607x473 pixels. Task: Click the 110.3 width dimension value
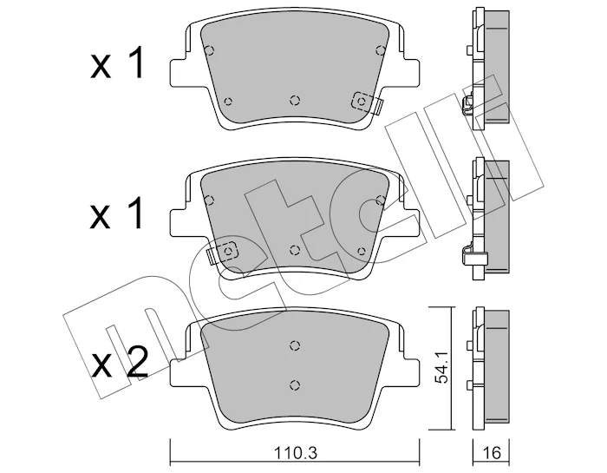[296, 452]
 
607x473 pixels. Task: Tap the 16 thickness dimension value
[492, 452]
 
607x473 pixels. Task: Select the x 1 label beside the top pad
[117, 63]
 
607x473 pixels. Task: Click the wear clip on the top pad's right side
[367, 102]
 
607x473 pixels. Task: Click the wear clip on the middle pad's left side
[224, 253]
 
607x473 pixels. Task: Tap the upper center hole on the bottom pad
[295, 345]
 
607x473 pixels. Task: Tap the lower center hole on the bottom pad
[295, 384]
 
